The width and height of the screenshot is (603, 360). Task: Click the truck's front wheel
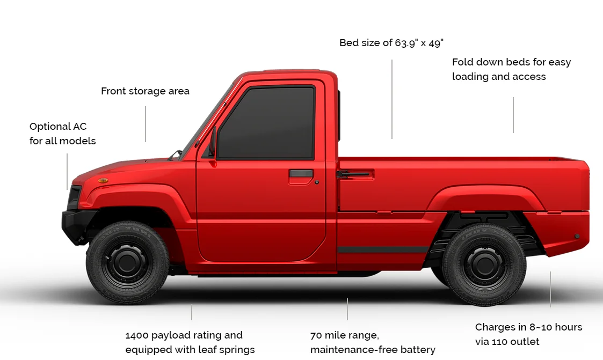(x=127, y=262)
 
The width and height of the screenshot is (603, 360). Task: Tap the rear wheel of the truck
(x=484, y=265)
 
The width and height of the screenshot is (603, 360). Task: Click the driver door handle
(x=301, y=174)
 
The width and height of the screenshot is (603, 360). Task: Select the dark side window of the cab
(x=267, y=123)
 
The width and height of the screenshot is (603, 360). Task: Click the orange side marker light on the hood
(x=103, y=180)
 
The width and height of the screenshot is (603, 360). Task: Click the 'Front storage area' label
(x=145, y=91)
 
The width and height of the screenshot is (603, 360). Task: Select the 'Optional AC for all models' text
(x=62, y=134)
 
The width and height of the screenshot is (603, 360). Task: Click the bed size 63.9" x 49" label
(x=391, y=43)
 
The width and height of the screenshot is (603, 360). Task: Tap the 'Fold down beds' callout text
(x=511, y=69)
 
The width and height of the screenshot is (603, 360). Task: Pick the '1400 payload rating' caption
(x=190, y=342)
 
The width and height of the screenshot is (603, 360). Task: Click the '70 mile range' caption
(x=373, y=342)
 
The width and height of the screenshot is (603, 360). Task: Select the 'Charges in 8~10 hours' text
(x=528, y=334)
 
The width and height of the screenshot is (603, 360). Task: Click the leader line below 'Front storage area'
(x=146, y=124)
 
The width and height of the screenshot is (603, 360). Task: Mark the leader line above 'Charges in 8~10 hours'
(x=550, y=289)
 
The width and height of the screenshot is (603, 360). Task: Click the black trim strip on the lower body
(x=382, y=249)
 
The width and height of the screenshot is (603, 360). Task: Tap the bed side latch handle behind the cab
(x=354, y=174)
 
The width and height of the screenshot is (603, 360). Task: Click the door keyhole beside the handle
(x=317, y=182)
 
